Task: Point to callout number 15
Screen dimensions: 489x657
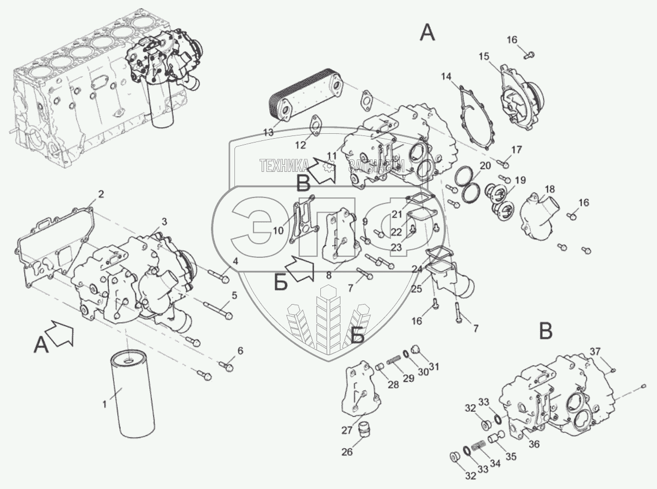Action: click(484, 57)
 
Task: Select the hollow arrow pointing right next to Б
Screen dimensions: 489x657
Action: click(301, 268)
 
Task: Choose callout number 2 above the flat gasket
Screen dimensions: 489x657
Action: click(100, 194)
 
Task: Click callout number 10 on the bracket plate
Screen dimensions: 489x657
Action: click(278, 230)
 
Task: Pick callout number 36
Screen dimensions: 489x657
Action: click(534, 444)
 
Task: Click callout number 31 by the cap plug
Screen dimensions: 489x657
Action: click(433, 365)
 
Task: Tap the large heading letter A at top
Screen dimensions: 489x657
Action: click(427, 34)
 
